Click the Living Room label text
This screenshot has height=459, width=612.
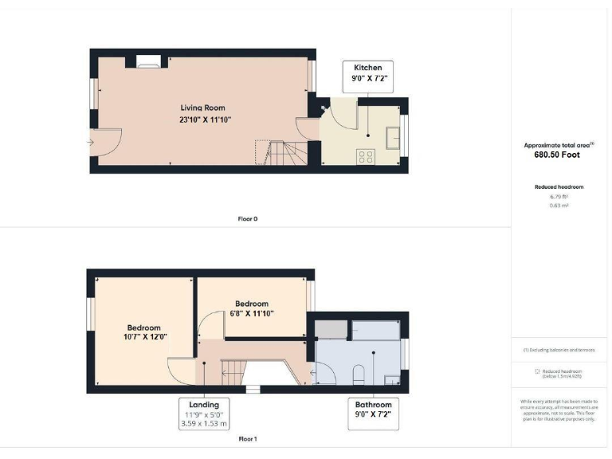tap(202, 108)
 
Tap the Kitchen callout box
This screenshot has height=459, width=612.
tap(368, 73)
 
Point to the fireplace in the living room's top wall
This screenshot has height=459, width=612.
tap(147, 59)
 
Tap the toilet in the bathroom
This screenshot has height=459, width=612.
tap(359, 375)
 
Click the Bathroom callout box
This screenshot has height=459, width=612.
tap(373, 410)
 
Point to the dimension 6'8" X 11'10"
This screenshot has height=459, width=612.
tap(251, 314)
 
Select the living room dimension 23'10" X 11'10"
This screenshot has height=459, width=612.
tap(205, 120)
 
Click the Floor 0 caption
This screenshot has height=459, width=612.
tap(248, 218)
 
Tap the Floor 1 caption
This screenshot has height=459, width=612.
tap(248, 439)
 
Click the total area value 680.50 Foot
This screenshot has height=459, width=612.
tap(558, 155)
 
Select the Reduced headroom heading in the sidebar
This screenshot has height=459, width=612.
tap(559, 186)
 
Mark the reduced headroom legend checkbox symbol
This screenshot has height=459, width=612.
tap(536, 371)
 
